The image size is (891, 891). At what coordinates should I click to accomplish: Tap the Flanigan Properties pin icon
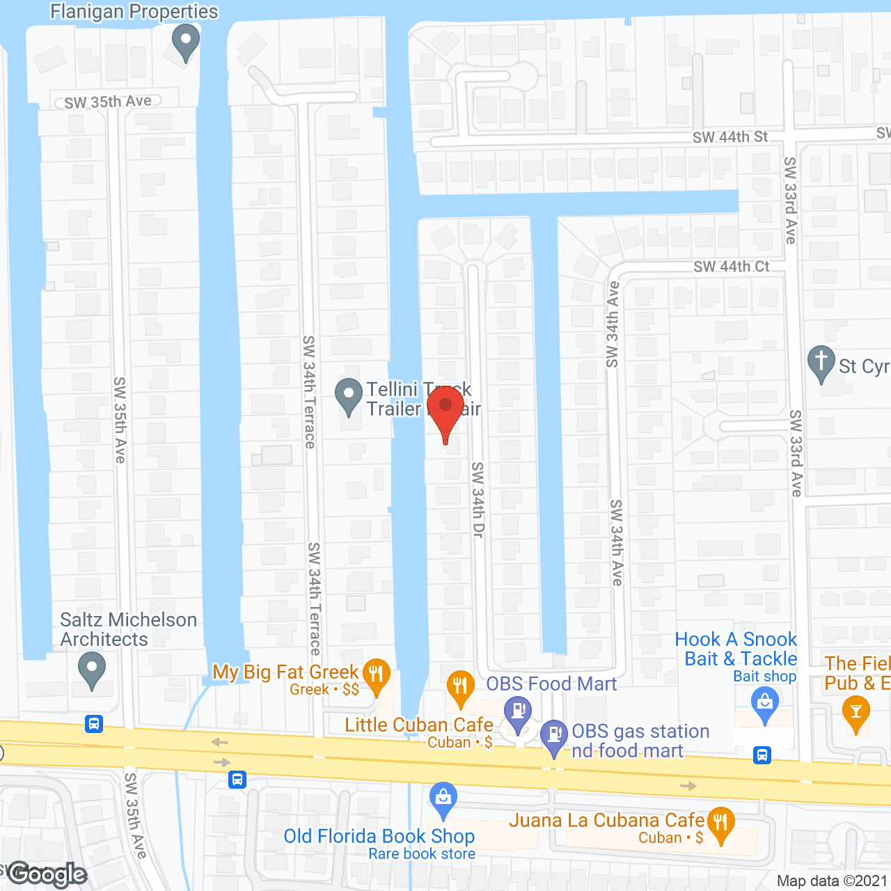[x=185, y=42]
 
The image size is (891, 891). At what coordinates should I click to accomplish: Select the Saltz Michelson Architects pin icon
[x=91, y=670]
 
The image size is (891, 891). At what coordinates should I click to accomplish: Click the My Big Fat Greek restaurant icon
[x=377, y=676]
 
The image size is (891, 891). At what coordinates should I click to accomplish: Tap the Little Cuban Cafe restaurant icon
[x=460, y=688]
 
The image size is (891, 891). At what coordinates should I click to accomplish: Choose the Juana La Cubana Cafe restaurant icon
[x=720, y=824]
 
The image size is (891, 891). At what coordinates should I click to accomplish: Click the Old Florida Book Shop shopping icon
[x=443, y=798]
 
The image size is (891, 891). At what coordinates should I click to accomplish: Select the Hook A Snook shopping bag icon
[x=764, y=704]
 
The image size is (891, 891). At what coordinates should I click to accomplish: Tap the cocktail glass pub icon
[x=855, y=713]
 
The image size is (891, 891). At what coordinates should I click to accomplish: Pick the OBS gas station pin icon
[x=554, y=736]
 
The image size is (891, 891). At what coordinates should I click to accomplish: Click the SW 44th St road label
[x=730, y=137]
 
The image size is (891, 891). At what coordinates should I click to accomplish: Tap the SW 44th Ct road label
[x=732, y=267]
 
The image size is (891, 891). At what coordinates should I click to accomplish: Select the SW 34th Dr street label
[x=478, y=499]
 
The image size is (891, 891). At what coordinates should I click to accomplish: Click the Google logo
[x=47, y=874]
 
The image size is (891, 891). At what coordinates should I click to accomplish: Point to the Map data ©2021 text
[x=833, y=881]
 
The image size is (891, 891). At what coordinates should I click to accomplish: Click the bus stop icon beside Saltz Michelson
[x=94, y=724]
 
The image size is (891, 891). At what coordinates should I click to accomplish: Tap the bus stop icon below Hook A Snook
[x=762, y=755]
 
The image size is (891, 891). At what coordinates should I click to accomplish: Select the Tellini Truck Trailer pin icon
[x=348, y=395]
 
